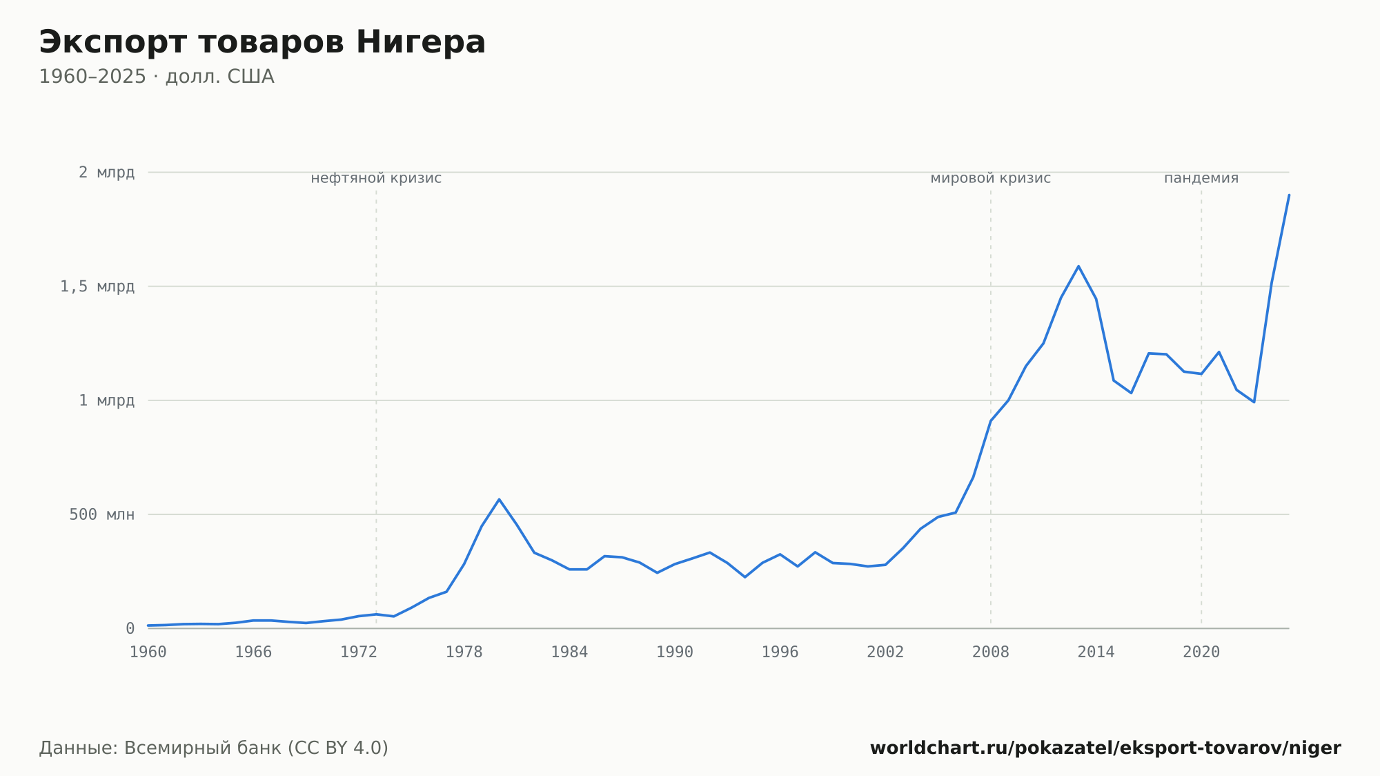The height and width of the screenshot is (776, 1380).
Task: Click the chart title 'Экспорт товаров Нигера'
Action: [262, 42]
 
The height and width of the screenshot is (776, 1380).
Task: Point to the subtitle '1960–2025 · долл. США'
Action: [157, 77]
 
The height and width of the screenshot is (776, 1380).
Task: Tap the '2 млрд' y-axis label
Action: [106, 173]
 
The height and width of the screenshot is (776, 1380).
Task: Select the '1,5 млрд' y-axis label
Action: [97, 287]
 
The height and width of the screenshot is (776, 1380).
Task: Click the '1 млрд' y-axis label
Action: [106, 400]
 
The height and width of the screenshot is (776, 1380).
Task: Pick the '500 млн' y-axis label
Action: [101, 514]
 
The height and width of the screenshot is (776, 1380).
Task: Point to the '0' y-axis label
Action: [130, 628]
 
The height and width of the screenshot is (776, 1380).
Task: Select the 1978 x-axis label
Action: [464, 652]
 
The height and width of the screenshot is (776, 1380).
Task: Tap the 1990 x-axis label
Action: [675, 652]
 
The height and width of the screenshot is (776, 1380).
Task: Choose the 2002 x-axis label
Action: [885, 652]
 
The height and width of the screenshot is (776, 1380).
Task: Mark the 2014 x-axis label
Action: [1096, 652]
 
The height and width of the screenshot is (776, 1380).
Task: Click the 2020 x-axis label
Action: [1201, 652]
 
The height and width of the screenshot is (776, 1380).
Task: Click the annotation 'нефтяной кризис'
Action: [376, 178]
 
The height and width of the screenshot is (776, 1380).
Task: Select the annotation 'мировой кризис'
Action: [991, 178]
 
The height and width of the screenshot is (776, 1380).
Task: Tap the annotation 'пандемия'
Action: [1201, 178]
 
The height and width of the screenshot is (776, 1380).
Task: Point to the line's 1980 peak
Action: [499, 499]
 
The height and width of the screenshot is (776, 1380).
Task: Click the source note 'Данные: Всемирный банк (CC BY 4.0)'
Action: [214, 748]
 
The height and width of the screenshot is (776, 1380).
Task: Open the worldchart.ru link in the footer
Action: [1105, 748]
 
